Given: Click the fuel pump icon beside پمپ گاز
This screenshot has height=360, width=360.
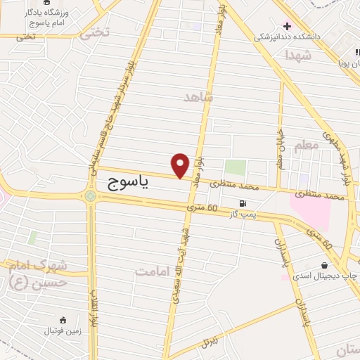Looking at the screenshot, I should pos(243,204).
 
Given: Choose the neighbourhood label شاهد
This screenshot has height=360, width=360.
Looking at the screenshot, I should pos(198,96).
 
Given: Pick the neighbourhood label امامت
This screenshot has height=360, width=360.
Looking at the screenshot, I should pos(153,271).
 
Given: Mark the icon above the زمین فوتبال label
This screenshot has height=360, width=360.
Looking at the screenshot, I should pos(63,320).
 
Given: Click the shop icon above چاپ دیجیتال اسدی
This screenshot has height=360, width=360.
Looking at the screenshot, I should pos(324,266).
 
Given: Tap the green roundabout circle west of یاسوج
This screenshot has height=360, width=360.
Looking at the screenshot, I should pos(91,195).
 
